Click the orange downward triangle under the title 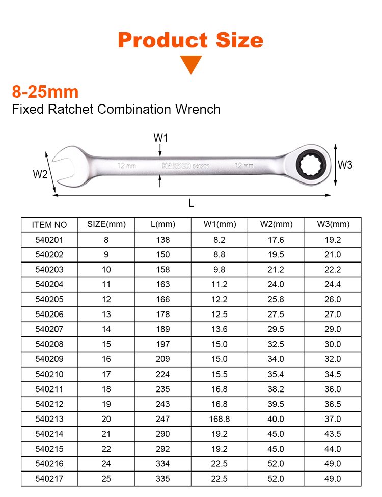pos(190,64)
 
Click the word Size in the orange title pos(239,40)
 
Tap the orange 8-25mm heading pos(45,92)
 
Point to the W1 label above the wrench pos(160,138)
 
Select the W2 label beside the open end pos(40,174)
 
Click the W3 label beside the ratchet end pos(345,165)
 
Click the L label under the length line pos(191,203)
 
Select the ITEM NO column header pos(49,225)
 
